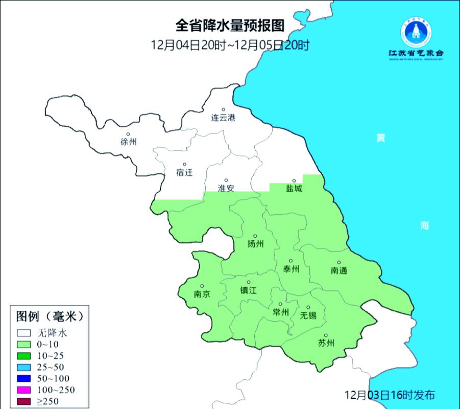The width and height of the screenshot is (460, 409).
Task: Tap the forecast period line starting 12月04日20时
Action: [230, 45]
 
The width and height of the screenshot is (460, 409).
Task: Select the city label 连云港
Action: [224, 118]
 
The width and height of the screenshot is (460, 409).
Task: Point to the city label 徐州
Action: [129, 142]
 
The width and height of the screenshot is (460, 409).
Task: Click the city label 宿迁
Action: [184, 172]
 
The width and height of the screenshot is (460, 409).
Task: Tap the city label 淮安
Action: [226, 188]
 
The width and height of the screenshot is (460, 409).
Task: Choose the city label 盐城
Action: [294, 189]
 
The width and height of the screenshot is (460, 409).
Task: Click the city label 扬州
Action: [255, 244]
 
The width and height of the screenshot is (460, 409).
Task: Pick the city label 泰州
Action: [290, 269]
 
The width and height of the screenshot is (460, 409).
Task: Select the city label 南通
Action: [338, 270]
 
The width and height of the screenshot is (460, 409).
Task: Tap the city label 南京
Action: [202, 294]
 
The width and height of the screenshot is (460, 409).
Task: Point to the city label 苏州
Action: [326, 343]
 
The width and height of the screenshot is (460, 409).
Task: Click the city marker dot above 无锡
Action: [308, 307]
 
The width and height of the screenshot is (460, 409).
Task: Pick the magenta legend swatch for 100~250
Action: [25, 391]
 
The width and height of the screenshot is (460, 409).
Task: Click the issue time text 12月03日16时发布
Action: [391, 395]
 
